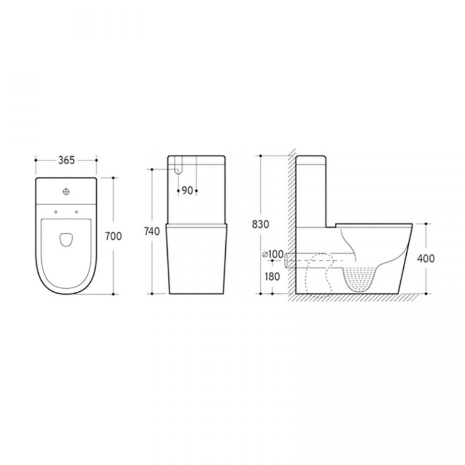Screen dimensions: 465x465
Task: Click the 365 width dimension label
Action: click(x=66, y=160)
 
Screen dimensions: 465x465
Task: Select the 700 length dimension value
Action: click(x=114, y=236)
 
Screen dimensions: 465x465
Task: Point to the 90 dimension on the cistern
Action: click(x=186, y=191)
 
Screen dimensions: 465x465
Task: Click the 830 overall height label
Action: click(x=260, y=223)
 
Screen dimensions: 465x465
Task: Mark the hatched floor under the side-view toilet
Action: click(x=351, y=298)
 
